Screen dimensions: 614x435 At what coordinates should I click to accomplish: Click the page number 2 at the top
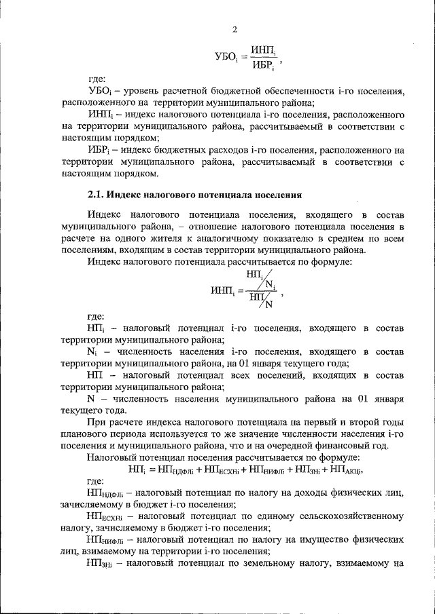pyautogui.click(x=234, y=28)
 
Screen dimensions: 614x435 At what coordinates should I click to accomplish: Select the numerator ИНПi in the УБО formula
pyautogui.click(x=262, y=50)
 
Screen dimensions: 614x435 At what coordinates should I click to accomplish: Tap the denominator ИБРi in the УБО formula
pyautogui.click(x=262, y=66)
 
